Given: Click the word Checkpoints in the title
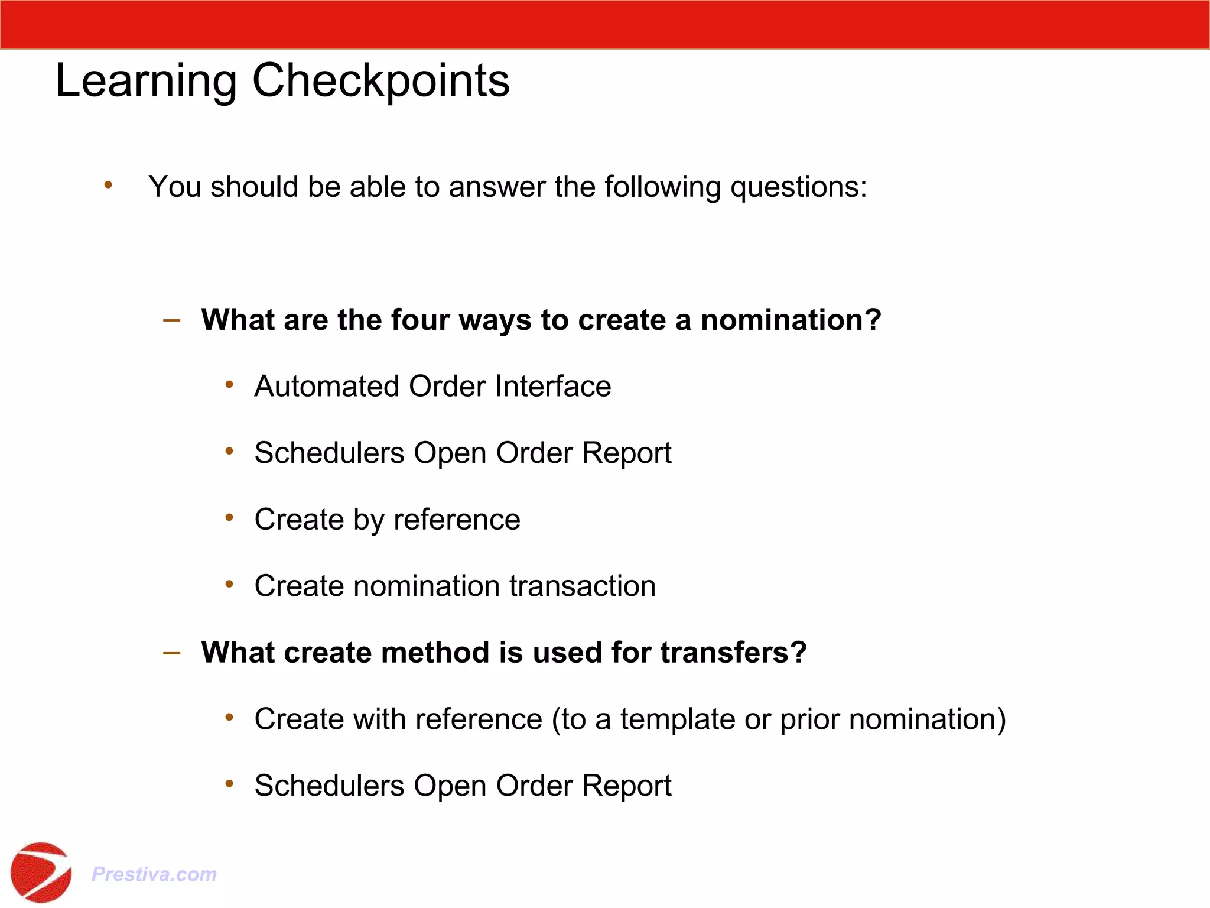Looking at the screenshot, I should point(380,82).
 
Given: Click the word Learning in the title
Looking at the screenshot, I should point(147,82).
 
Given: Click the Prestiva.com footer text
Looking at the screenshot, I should point(154,874).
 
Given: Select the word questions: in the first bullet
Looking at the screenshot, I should point(798,187).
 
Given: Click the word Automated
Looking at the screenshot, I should point(327,387).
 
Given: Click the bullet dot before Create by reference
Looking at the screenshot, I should point(229,518).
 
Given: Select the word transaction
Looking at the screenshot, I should point(583,586).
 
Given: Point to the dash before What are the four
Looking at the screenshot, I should point(171,320).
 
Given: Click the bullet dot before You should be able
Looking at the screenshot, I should point(108,186).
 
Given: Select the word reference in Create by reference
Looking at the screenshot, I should point(457,520).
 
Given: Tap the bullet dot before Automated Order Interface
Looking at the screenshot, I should point(229,385).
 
